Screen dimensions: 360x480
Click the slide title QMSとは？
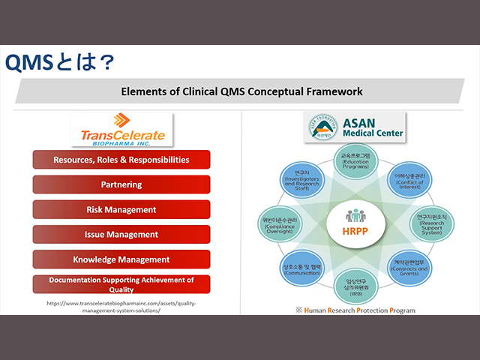coord(60,62)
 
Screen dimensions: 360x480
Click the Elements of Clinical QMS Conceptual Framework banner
coord(241,91)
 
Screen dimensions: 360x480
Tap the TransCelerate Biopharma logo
coord(121,128)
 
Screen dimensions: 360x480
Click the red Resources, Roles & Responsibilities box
coord(121,160)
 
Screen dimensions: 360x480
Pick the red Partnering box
coord(121,184)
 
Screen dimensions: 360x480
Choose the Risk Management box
coord(121,209)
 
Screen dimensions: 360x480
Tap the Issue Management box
coord(121,235)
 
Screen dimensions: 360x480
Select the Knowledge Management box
coord(121,259)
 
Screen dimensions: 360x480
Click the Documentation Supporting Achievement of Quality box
coord(121,283)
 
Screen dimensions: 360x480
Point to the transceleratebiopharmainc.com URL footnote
coord(121,307)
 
